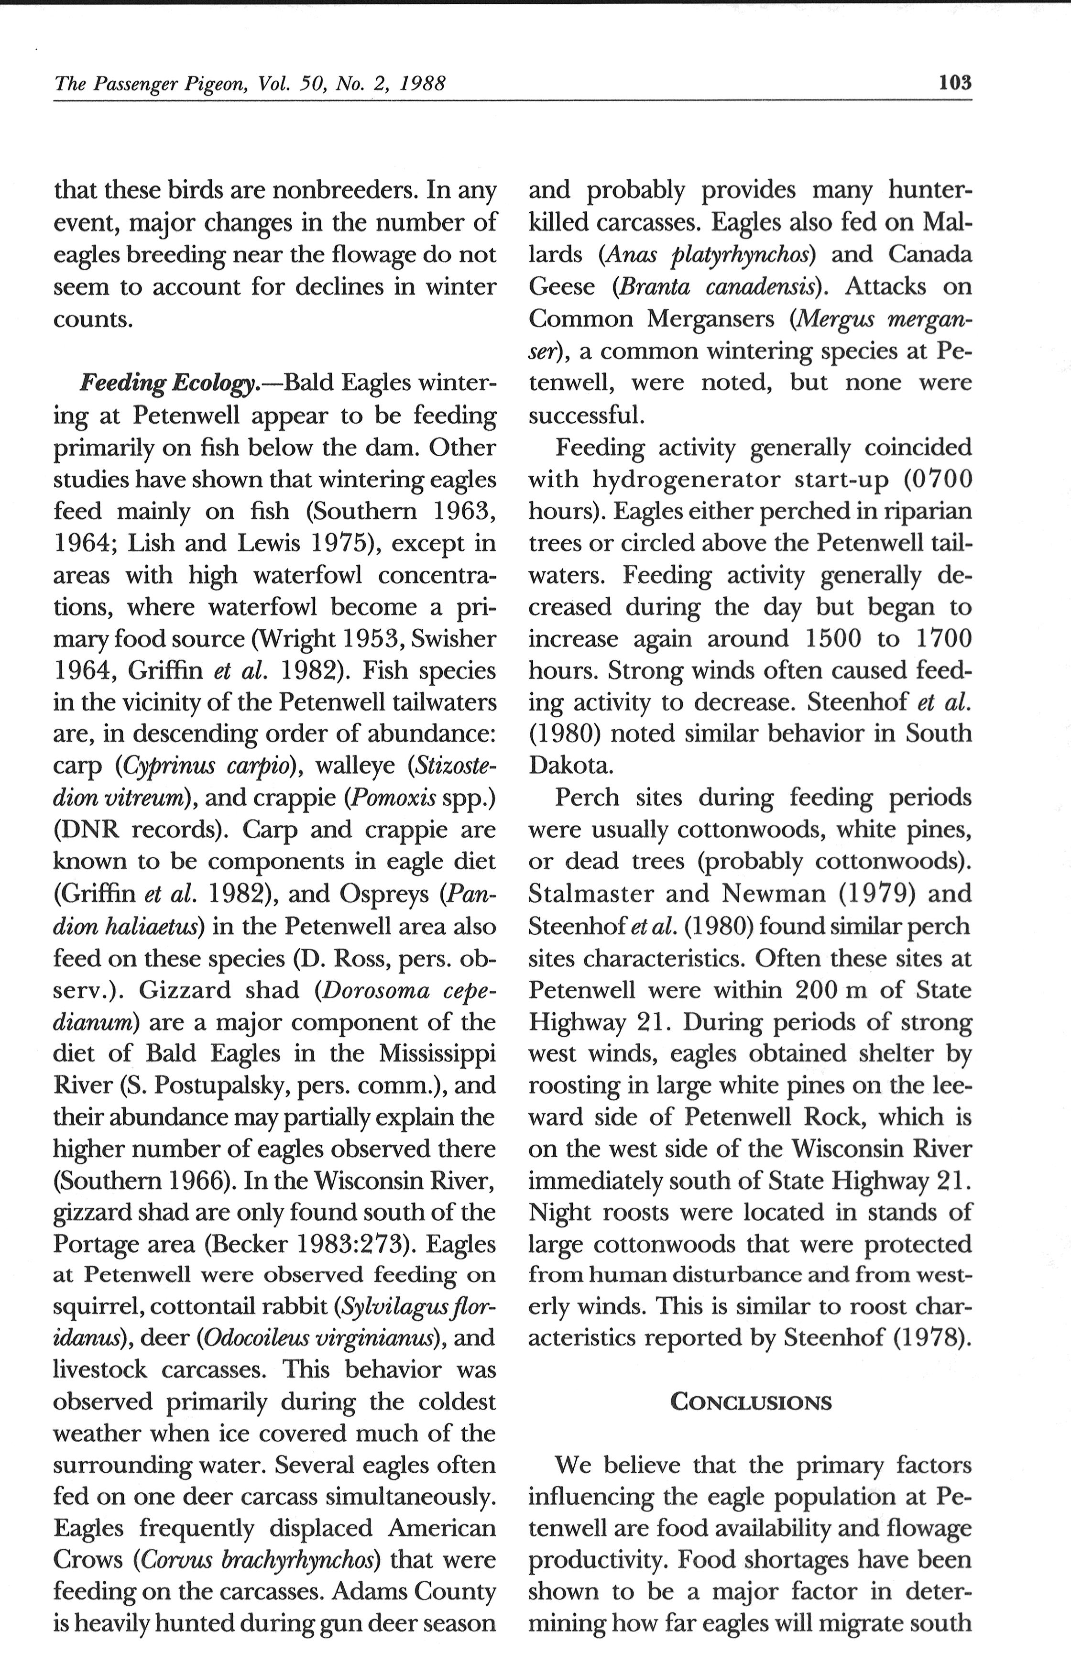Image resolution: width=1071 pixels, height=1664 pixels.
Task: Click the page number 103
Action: point(954,84)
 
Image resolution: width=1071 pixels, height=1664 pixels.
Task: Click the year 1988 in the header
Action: point(422,84)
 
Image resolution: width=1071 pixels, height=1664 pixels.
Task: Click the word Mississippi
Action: point(437,1053)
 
